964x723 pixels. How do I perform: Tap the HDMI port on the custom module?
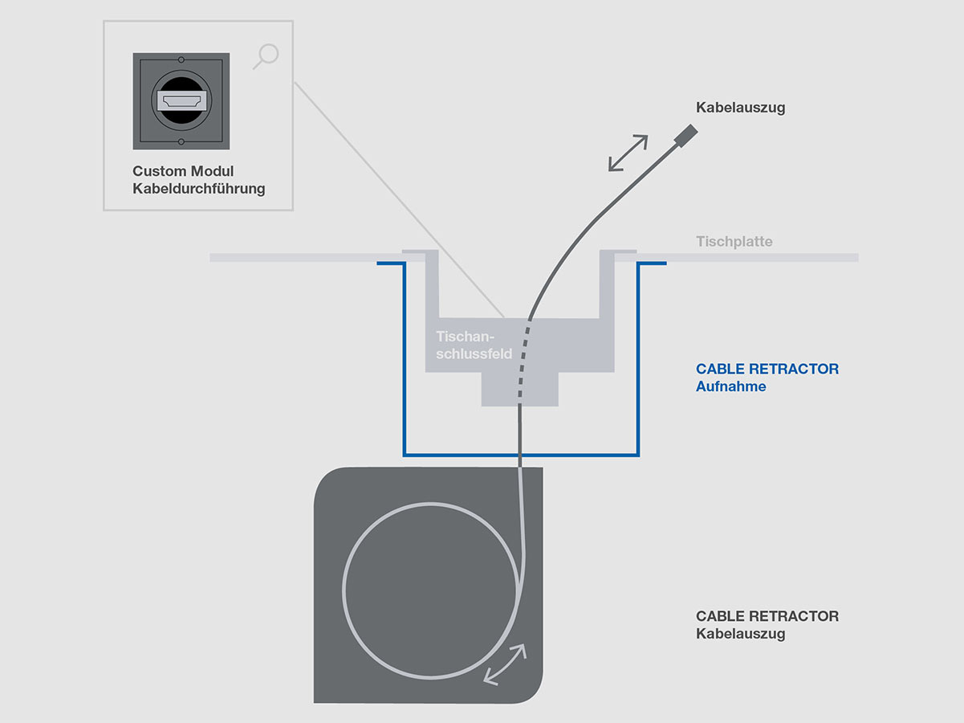coord(181,101)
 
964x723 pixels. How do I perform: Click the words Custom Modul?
coord(183,172)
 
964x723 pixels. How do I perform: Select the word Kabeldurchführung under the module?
coord(198,190)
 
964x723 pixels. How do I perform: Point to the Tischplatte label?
coord(734,241)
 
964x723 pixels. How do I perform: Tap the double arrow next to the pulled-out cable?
coord(628,153)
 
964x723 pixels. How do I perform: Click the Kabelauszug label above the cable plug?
coord(740,108)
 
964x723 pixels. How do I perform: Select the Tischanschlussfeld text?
coord(474,345)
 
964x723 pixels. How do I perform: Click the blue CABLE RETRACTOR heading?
coord(767,370)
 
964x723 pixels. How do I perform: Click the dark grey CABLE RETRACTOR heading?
coord(767,616)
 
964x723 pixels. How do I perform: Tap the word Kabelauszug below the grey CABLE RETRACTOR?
coord(740,634)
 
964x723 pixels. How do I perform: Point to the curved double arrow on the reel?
coord(506,664)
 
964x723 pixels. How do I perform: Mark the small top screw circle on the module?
coord(181,59)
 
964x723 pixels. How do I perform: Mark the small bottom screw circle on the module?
coord(181,142)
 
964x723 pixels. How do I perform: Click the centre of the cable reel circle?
coord(432,590)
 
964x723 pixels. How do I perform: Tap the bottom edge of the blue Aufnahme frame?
coord(521,455)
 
